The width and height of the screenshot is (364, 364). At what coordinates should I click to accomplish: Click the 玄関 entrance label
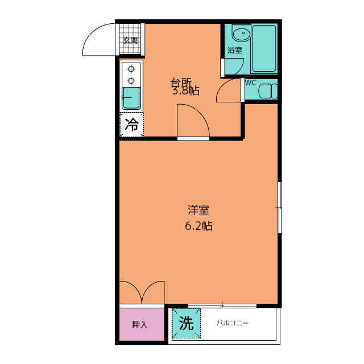coord(130,40)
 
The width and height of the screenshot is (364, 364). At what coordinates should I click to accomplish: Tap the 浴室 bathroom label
coord(235,50)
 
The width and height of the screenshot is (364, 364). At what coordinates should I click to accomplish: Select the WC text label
coord(250,83)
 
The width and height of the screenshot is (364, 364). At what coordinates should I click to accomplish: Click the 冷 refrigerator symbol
coord(131,125)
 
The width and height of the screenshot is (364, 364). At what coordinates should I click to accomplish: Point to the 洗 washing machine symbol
coord(186,323)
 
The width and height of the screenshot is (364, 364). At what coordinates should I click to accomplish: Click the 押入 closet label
coord(139,325)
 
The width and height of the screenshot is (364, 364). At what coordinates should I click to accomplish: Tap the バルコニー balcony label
coord(233,323)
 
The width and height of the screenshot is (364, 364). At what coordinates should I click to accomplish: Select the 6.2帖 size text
coord(198,226)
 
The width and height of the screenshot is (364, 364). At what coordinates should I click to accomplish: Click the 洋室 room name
coord(198,210)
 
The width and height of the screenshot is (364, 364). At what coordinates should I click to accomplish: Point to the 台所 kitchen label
coord(181,82)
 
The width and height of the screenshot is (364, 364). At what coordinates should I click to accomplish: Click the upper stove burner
coord(131,69)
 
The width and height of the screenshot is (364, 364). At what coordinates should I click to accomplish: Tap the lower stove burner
coord(131,81)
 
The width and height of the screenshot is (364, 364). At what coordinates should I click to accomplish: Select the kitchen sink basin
coord(131,98)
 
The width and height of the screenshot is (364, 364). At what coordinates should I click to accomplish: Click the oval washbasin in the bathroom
coord(241,34)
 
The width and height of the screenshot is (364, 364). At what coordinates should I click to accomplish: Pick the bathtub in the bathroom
coord(264,48)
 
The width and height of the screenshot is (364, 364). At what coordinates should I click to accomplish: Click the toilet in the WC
coord(268,91)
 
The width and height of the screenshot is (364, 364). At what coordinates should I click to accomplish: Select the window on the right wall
coord(280,207)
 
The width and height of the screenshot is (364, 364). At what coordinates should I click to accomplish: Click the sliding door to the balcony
coord(222,306)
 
